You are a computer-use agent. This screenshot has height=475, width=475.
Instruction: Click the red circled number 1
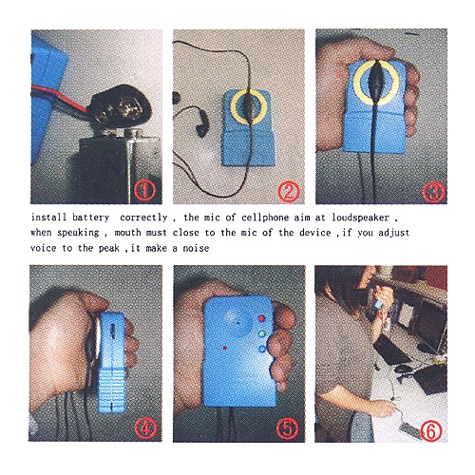(144, 191)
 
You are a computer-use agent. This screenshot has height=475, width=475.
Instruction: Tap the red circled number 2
(289, 191)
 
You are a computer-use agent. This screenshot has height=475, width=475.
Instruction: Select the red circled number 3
(434, 192)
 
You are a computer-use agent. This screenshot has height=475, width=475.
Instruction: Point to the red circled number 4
(145, 428)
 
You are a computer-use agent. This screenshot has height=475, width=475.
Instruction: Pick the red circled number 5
(287, 429)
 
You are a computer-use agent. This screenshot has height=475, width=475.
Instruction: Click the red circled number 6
(430, 430)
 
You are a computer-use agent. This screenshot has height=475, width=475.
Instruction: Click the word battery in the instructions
(90, 218)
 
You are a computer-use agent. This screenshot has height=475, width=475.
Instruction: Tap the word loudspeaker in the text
(361, 218)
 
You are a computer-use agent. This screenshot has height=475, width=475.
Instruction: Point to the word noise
(196, 248)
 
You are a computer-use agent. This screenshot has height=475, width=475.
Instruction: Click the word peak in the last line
(109, 248)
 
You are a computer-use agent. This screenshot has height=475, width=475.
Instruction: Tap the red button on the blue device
(262, 318)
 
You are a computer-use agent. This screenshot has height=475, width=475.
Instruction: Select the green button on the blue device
(261, 333)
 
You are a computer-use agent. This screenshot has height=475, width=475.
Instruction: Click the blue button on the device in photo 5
(262, 350)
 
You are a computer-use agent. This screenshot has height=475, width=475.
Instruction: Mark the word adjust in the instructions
(394, 233)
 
